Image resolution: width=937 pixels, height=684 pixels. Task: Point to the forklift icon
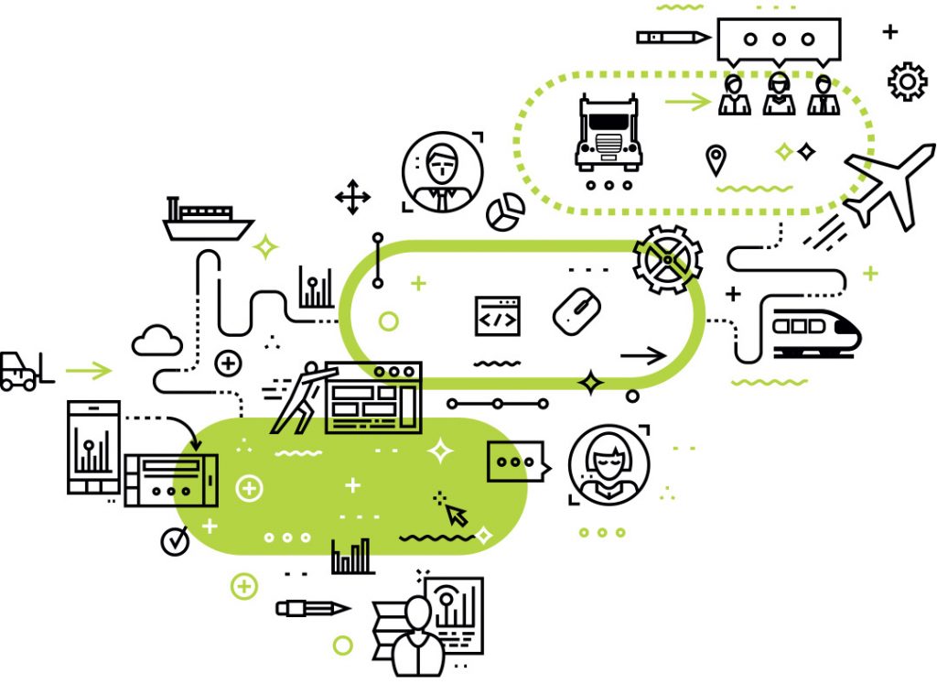pyautogui.click(x=20, y=372)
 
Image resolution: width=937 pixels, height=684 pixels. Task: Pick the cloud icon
pyautogui.click(x=156, y=340)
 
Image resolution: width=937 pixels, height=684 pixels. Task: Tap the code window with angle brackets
pyautogui.click(x=497, y=316)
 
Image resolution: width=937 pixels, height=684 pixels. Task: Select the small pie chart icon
pyautogui.click(x=504, y=212)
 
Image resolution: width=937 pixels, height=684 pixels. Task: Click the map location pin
pyautogui.click(x=716, y=160)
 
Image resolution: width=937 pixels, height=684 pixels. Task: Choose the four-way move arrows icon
pyautogui.click(x=352, y=198)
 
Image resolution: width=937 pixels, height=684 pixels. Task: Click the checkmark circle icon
pyautogui.click(x=175, y=541)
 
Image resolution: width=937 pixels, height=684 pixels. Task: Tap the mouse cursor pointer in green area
pyautogui.click(x=455, y=513)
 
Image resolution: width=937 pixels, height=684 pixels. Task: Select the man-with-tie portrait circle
pyautogui.click(x=442, y=171)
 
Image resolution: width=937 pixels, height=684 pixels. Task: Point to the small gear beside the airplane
pyautogui.click(x=907, y=81)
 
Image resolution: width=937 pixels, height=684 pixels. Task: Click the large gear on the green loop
pyautogui.click(x=668, y=260)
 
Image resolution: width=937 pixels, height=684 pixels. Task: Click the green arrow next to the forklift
pyautogui.click(x=88, y=371)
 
